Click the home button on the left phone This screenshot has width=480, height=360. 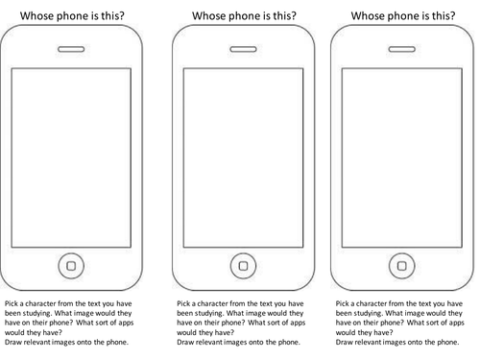coord(71,266)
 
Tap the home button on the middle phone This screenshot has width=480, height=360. coord(243,266)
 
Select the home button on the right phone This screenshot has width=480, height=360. coord(402,266)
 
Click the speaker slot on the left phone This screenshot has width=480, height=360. coord(71,49)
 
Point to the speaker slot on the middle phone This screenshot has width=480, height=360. coord(243,49)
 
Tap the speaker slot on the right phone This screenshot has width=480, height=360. coord(402,49)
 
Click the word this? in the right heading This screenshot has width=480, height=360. coord(444,15)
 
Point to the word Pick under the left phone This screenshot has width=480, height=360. coord(12,303)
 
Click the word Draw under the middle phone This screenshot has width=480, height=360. coord(185,342)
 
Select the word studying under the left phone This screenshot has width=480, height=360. coord(36,313)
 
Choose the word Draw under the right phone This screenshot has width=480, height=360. coord(344,342)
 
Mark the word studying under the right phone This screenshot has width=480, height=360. coord(368,313)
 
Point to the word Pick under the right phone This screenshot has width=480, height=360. coord(342,303)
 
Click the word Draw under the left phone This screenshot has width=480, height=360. coord(12,342)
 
